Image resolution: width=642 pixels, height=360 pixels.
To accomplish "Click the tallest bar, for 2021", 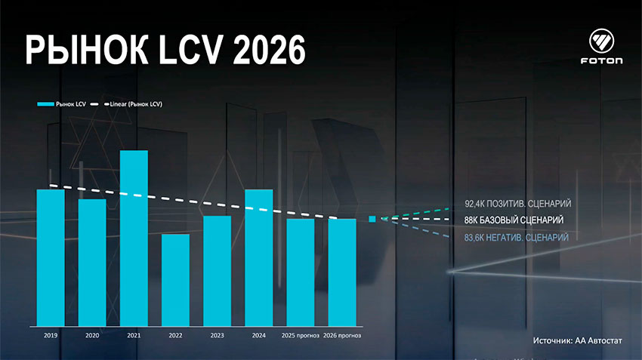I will [134, 238].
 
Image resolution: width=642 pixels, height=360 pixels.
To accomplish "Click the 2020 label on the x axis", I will [92, 334].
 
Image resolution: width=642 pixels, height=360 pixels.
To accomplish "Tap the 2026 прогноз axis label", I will [341, 334].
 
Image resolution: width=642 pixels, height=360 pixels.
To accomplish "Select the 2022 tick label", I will [175, 334].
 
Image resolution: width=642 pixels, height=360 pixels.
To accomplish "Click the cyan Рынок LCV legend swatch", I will [45, 103].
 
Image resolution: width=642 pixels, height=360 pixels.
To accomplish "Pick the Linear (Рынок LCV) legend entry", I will [136, 103].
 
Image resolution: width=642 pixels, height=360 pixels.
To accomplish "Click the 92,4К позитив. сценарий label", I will [517, 204].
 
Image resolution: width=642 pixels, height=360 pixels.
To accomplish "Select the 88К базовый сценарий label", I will [514, 220].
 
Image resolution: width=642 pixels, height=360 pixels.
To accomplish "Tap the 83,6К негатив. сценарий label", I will [517, 238].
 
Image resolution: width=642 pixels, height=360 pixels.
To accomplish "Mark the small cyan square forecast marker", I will [372, 220].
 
